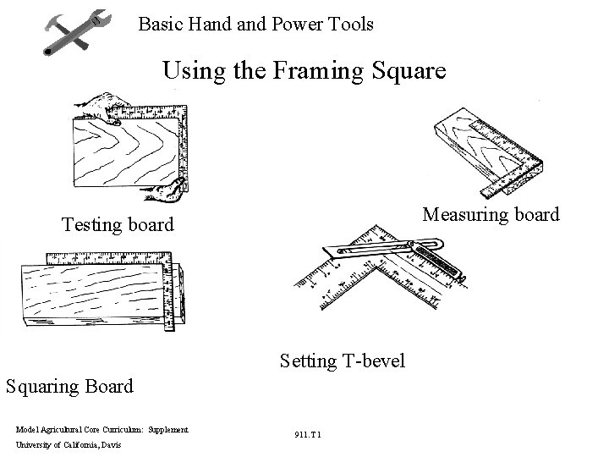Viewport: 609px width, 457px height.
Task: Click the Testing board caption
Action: click(118, 225)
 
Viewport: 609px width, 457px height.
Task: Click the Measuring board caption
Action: click(491, 215)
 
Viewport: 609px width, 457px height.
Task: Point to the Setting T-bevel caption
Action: click(342, 361)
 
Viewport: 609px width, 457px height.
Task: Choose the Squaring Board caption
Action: click(69, 387)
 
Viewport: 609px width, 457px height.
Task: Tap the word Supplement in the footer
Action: click(168, 430)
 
